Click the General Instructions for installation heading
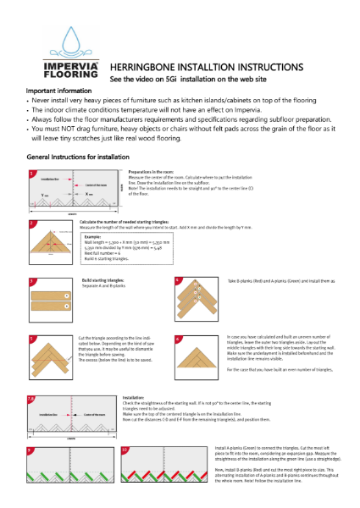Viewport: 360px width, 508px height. click(77, 157)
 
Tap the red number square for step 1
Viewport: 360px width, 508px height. click(31, 174)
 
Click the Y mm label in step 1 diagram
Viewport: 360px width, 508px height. click(43, 194)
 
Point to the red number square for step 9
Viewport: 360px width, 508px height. click(31, 450)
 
